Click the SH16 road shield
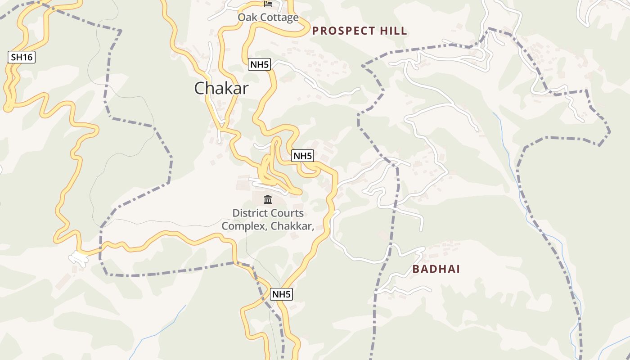[22, 57]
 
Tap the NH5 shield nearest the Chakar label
[259, 64]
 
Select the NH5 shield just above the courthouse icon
[302, 156]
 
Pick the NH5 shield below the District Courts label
[281, 294]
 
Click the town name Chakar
[221, 88]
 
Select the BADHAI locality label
[436, 269]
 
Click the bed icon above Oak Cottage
[268, 4]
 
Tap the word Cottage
[279, 18]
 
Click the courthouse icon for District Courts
[268, 199]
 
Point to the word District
[249, 213]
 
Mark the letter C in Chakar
[199, 88]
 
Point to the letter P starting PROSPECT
[315, 31]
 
